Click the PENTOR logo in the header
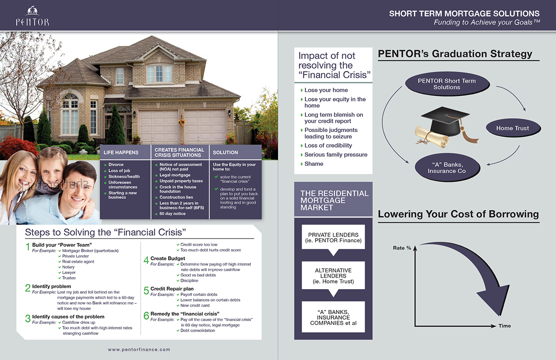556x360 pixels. tap(32, 16)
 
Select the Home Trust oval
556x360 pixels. tap(512, 128)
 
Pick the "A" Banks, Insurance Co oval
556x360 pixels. tap(447, 168)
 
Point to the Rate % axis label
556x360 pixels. tap(402, 248)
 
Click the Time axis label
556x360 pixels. tap(505, 326)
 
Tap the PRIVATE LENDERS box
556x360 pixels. tap(333, 238)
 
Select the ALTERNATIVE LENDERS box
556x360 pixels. tap(333, 276)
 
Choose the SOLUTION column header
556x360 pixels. tap(226, 152)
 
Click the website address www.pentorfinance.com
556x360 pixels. tap(139, 349)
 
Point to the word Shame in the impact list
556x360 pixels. tap(314, 164)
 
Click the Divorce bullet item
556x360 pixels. tap(116, 165)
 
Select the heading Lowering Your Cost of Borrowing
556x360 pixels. tap(458, 214)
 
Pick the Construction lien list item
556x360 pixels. tap(176, 197)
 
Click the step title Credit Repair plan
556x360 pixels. tap(169, 289)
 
